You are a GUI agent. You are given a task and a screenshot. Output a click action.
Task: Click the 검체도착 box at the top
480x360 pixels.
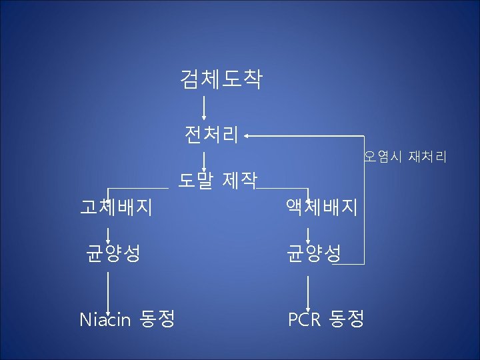(x=221, y=80)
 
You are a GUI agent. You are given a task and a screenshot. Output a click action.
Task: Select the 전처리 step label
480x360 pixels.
(x=211, y=135)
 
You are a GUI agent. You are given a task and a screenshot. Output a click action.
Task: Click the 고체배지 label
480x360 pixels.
(x=116, y=207)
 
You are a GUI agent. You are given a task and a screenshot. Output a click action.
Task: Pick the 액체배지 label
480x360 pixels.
(x=323, y=207)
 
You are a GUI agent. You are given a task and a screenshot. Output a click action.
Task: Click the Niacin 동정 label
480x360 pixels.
(x=127, y=319)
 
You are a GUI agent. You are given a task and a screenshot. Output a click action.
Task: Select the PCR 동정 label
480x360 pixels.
(x=326, y=319)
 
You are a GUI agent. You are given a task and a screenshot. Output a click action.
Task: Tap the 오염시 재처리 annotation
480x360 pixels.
(x=405, y=158)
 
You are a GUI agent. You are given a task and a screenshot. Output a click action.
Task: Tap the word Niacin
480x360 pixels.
(x=105, y=320)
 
